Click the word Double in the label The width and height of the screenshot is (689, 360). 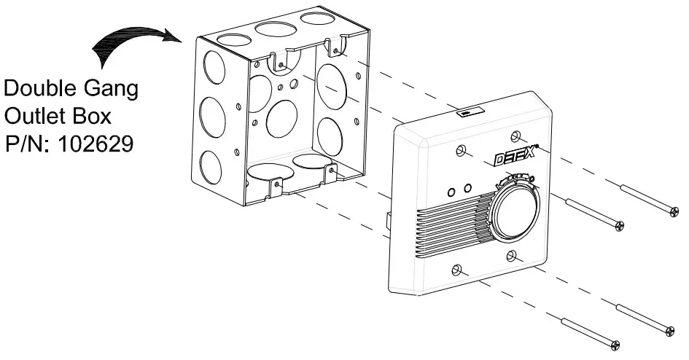point(40,90)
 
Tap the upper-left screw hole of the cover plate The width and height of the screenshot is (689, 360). point(460,151)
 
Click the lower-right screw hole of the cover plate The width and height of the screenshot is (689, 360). point(513,255)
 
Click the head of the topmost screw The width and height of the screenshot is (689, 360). point(674,211)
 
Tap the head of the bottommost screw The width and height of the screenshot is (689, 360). point(616,343)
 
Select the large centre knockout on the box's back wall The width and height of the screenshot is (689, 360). point(282,114)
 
